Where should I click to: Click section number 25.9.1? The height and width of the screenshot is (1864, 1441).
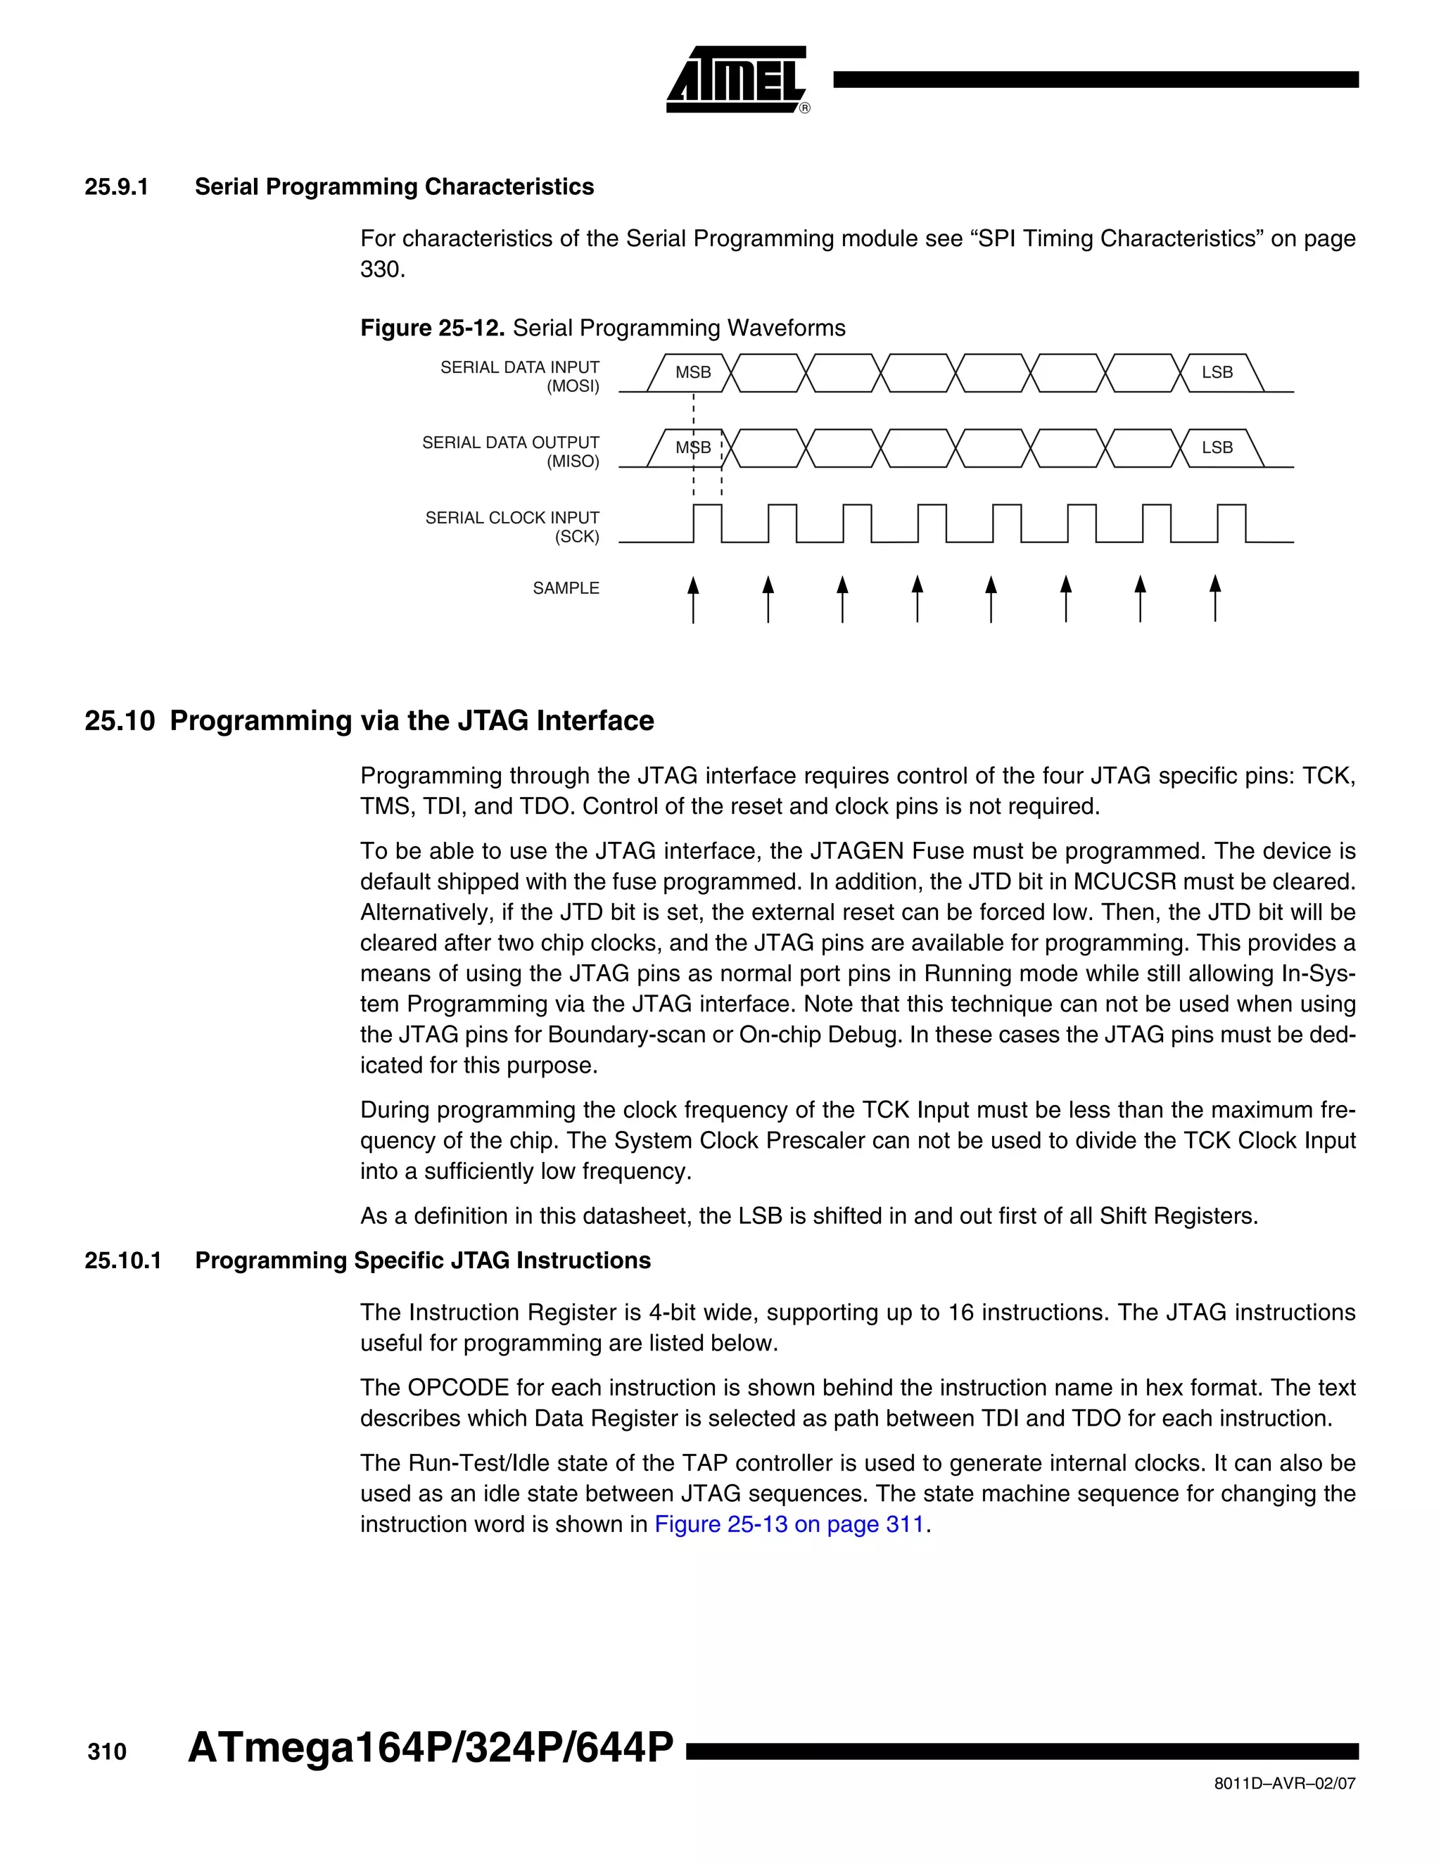(x=116, y=187)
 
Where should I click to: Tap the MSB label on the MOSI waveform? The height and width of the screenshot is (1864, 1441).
(x=692, y=373)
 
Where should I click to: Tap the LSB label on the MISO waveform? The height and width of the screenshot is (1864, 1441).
(x=1217, y=448)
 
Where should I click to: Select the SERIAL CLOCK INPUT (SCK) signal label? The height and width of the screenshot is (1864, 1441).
(x=512, y=528)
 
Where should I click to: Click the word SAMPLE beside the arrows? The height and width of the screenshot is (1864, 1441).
(x=565, y=588)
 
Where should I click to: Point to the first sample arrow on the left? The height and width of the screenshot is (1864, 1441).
(x=693, y=599)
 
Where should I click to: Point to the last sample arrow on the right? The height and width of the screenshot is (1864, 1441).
(x=1214, y=599)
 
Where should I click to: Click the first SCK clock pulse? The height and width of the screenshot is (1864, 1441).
(x=707, y=523)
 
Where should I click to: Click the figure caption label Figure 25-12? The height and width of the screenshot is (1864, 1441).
(x=433, y=328)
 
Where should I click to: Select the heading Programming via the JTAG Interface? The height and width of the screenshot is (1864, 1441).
(x=412, y=720)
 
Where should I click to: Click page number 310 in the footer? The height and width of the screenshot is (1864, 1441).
(x=107, y=1753)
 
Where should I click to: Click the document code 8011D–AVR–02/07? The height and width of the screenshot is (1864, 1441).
(x=1284, y=1784)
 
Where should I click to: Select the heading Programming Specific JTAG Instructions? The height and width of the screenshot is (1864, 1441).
(x=423, y=1260)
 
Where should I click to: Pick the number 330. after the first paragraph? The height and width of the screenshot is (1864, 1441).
(x=383, y=269)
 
